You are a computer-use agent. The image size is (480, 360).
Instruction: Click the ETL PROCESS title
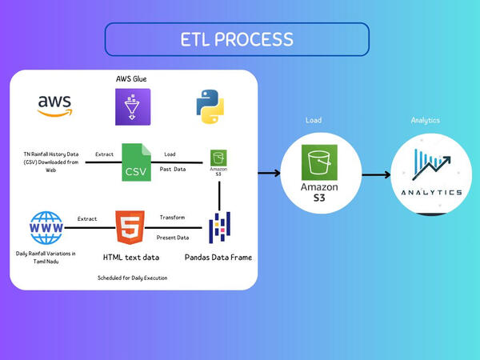click(236, 39)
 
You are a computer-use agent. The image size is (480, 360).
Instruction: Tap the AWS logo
click(54, 106)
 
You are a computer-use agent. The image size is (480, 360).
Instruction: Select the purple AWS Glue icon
click(132, 106)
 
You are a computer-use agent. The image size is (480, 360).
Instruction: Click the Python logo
click(209, 106)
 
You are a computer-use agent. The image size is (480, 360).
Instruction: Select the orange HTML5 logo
click(129, 227)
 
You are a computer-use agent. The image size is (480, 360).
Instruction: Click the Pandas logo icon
click(220, 227)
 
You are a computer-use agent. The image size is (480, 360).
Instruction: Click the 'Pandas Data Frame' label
click(218, 257)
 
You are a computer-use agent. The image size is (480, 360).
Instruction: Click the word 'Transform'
click(172, 218)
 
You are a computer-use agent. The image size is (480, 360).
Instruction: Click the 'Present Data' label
click(172, 238)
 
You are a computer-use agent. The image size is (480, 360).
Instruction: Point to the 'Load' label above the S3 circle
click(313, 121)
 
